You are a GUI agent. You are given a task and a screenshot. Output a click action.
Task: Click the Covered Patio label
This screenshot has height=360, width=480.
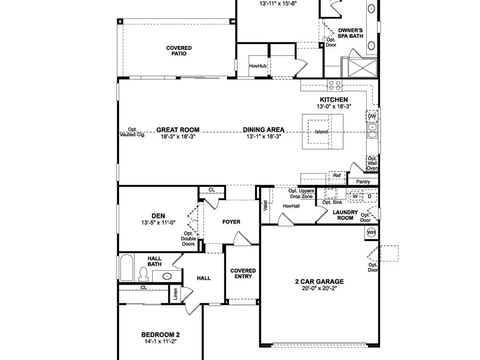point(179,51)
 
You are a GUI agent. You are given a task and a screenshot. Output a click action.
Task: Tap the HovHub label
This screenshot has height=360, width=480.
point(258,66)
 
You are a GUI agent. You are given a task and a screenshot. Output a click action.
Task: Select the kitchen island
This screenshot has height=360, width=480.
point(323,132)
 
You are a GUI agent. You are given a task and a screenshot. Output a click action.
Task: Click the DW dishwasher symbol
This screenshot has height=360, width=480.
point(372,116)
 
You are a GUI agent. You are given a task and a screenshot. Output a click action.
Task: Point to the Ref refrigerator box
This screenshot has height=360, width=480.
point(337,177)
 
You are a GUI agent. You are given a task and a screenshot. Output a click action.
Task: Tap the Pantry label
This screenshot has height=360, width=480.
point(363,182)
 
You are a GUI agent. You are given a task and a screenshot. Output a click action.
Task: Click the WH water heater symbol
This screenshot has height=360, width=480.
point(372,232)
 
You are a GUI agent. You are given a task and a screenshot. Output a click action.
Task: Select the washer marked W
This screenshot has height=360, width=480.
point(355,196)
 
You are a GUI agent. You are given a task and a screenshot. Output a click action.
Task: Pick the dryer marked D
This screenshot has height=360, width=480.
point(370,196)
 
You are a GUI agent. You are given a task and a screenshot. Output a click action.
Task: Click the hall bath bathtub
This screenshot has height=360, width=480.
point(127,267)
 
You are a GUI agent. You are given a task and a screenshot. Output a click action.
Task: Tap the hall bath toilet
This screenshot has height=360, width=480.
point(143,274)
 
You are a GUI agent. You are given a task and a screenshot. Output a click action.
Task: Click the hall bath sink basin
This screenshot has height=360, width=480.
point(167,276)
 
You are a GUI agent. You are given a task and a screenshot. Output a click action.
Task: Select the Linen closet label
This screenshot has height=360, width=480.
point(175,294)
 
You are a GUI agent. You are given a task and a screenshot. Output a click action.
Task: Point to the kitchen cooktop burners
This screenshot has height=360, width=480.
point(335,85)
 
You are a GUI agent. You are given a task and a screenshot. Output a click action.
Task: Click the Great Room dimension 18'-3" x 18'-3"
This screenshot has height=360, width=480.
point(178,137)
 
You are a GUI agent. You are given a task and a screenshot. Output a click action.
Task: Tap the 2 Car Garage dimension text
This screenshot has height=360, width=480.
point(319,288)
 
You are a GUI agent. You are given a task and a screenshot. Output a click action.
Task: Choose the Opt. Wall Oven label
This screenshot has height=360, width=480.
point(372,163)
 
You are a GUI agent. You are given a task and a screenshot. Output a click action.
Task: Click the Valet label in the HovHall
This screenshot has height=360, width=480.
point(265,206)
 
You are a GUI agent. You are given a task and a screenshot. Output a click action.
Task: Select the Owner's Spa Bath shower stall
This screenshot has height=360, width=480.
point(363,68)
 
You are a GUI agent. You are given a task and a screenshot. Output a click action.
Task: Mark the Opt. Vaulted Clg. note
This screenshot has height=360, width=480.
point(132,132)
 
